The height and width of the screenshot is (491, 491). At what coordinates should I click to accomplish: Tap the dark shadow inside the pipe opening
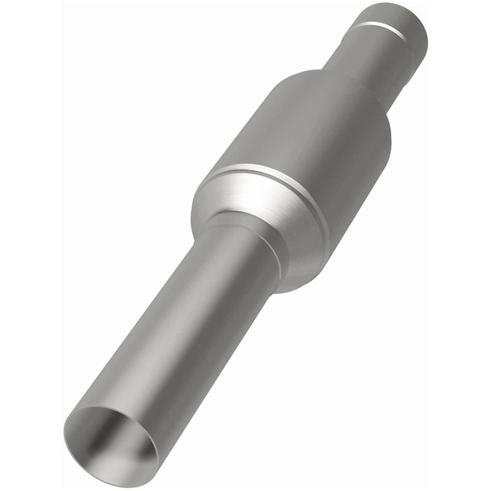coord(98,430)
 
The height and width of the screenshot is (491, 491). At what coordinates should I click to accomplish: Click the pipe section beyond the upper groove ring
coord(399,18)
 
